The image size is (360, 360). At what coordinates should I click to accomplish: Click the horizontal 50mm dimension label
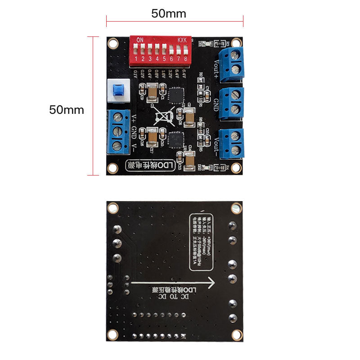tap(169, 13)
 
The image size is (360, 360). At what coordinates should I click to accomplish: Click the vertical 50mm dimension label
tap(67, 110)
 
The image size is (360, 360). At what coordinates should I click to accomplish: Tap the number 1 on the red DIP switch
tap(136, 58)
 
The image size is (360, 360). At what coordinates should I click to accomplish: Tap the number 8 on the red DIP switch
tap(185, 58)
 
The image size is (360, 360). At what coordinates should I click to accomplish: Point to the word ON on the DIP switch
tap(140, 40)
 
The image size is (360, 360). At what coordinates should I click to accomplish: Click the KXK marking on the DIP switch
tap(182, 40)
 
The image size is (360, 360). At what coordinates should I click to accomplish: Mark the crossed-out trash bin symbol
tap(163, 117)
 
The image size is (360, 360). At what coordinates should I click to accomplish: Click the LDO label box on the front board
tap(149, 166)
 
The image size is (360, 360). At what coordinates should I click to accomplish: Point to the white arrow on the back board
tap(173, 283)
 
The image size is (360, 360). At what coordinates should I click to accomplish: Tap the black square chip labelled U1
tap(174, 94)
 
